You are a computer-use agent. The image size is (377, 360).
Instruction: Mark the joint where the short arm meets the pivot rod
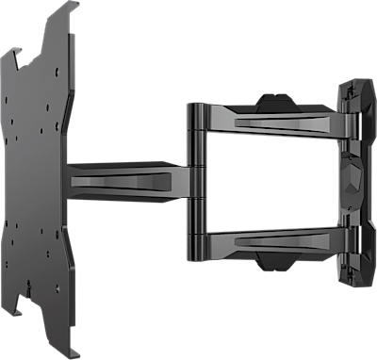pyautogui.click(x=185, y=180)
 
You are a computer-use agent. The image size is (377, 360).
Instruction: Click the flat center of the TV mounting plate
pyautogui.click(x=38, y=179)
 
